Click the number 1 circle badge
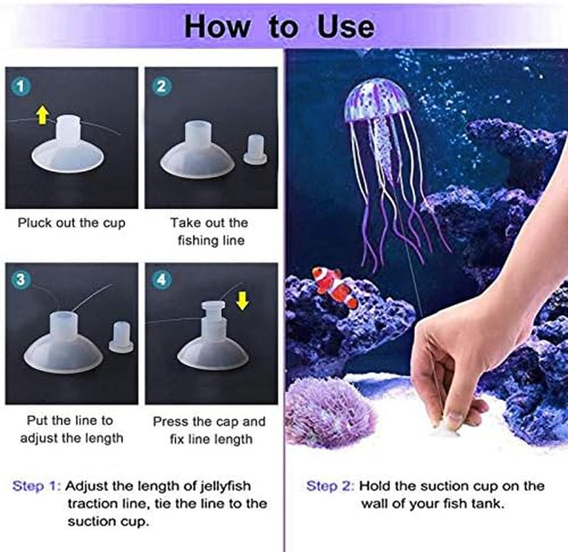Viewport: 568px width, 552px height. tap(21, 86)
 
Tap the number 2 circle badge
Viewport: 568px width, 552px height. tap(161, 86)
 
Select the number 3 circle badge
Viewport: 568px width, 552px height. tap(21, 279)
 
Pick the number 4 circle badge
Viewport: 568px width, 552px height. tap(161, 279)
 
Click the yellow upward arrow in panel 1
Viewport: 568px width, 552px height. tap(43, 115)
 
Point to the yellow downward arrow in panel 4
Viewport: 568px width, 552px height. tap(242, 301)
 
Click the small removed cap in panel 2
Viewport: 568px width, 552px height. tap(255, 149)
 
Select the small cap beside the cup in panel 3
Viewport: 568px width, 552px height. tap(121, 337)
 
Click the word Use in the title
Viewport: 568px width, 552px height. tap(346, 27)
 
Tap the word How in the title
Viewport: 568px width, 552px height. tap(217, 27)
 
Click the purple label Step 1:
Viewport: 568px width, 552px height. tap(37, 486)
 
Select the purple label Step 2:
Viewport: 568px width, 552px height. tap(331, 486)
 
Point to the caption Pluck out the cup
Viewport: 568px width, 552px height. tap(72, 223)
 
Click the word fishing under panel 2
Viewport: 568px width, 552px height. tap(196, 241)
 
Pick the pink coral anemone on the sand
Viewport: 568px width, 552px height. tap(328, 409)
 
